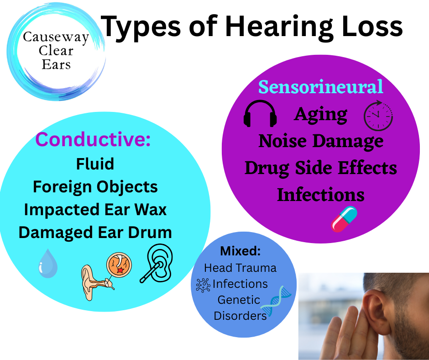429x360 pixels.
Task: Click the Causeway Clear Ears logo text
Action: [56, 51]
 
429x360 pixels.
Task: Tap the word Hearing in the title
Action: [278, 27]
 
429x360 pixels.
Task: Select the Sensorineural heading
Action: [321, 87]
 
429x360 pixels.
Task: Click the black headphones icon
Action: [260, 114]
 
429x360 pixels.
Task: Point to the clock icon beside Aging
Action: [378, 115]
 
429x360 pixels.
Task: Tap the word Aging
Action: [321, 115]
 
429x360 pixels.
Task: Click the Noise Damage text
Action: [321, 142]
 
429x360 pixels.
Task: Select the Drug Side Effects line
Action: [321, 168]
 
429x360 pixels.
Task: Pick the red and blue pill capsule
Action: [344, 219]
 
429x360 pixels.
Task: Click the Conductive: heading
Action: [93, 139]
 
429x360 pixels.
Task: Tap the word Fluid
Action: [95, 164]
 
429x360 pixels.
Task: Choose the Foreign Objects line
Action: [95, 187]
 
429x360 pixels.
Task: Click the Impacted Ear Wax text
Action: [95, 210]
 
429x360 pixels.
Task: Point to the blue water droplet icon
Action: [48, 263]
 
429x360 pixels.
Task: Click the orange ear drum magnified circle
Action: [119, 265]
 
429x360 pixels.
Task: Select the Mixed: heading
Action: [240, 251]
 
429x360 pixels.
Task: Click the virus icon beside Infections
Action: [203, 285]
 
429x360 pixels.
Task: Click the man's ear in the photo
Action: [377, 312]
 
